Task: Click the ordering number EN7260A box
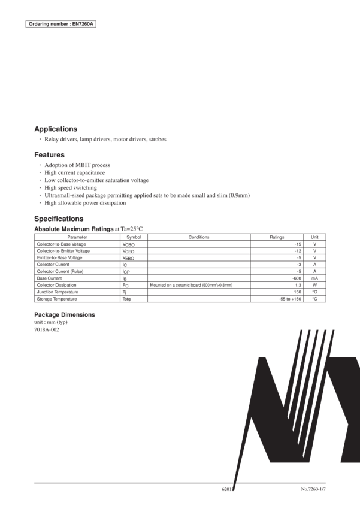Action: [x=61, y=25]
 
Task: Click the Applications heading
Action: [x=56, y=129]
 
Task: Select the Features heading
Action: [x=50, y=154]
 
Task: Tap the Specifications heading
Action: [x=59, y=219]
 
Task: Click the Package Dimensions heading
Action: [x=64, y=314]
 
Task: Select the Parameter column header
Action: [x=77, y=237]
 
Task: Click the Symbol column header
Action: [x=134, y=237]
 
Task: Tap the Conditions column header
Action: [x=198, y=237]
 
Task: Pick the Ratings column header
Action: [x=277, y=237]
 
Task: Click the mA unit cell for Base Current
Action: [x=314, y=278]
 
